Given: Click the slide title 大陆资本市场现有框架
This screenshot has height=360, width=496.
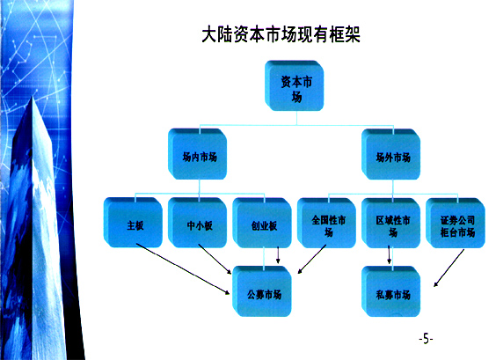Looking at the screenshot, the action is click(281, 34).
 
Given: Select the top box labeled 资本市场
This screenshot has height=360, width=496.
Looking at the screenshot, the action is click(295, 85).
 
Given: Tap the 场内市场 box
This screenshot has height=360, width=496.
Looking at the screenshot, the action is click(197, 154).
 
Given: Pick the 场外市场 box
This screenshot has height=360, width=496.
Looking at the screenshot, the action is click(391, 154).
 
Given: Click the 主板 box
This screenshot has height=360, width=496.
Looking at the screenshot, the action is click(133, 223).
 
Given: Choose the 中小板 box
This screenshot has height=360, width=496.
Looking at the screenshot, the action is click(197, 223).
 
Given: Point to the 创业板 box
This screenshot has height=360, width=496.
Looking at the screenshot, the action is click(262, 223).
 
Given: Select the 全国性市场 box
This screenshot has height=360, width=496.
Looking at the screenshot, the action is click(327, 223).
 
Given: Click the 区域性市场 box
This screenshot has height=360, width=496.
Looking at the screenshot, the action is click(391, 223).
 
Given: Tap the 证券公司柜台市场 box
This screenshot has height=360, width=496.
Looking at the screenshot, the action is click(456, 223).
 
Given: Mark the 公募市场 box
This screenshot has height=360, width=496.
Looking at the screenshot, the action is click(262, 291).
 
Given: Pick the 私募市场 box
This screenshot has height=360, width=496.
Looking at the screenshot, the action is click(391, 291).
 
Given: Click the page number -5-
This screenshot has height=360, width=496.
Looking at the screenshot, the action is click(427, 339).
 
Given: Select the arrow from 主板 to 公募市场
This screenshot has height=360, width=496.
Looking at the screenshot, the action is click(183, 268).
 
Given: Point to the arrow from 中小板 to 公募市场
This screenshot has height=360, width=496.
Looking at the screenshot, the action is click(215, 259).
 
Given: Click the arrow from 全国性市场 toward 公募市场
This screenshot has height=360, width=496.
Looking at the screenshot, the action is click(312, 259).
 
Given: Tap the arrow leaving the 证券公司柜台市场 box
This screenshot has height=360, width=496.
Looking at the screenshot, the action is click(449, 268).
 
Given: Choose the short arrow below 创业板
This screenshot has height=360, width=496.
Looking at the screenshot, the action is click(278, 255).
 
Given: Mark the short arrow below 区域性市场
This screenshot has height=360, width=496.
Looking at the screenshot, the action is click(389, 255).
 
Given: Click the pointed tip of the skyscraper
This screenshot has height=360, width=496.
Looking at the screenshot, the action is click(33, 98).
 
